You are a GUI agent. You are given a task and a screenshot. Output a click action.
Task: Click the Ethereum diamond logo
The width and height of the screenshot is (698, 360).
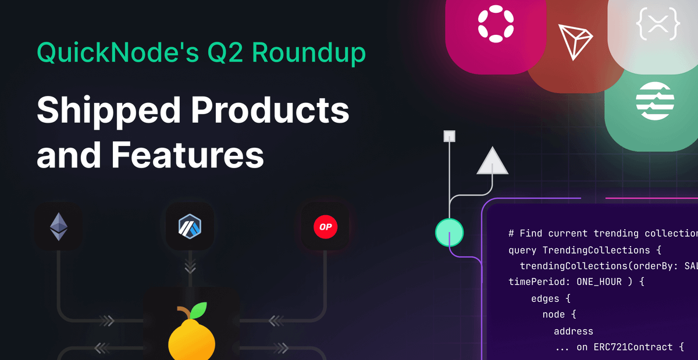tap(58, 226)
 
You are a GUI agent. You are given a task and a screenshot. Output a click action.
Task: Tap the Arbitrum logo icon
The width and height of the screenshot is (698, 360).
tap(190, 226)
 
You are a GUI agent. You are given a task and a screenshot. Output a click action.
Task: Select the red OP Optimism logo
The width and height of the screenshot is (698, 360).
tap(325, 226)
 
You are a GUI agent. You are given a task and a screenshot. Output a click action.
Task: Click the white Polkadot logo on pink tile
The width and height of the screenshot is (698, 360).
tap(495, 25)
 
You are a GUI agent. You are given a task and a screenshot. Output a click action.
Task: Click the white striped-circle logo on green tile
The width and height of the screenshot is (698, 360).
tap(655, 100)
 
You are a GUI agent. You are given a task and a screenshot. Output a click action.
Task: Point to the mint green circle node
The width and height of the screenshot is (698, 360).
tap(449, 233)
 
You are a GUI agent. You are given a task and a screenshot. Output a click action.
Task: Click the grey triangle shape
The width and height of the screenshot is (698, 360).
tap(492, 162)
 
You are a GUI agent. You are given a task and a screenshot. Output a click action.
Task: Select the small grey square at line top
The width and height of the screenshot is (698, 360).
tap(449, 136)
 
